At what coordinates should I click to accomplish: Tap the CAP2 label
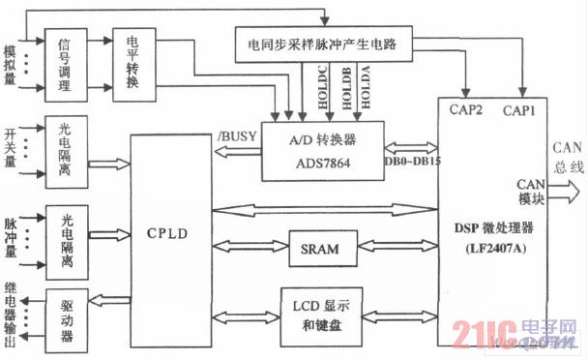click(x=466, y=110)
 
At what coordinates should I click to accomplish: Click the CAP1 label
click(x=520, y=110)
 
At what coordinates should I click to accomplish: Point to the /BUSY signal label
click(x=237, y=135)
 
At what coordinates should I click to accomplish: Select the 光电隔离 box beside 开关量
click(x=65, y=152)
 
